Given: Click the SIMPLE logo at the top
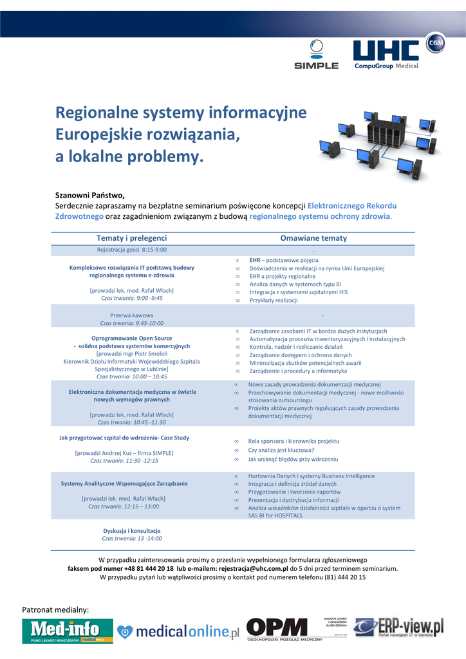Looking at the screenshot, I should [x=316, y=55].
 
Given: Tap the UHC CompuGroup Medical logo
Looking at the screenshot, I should [x=386, y=54].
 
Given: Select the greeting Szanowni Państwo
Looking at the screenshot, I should [x=89, y=194].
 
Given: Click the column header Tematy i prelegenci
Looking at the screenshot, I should [x=131, y=238].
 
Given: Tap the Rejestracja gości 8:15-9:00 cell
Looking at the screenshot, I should [x=131, y=249].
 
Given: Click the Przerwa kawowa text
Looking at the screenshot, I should [x=131, y=315].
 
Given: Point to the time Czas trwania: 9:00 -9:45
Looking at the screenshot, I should [x=131, y=298].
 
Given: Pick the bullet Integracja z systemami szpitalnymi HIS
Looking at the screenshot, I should [x=298, y=292].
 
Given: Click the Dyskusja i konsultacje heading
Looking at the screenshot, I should [x=131, y=530].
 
